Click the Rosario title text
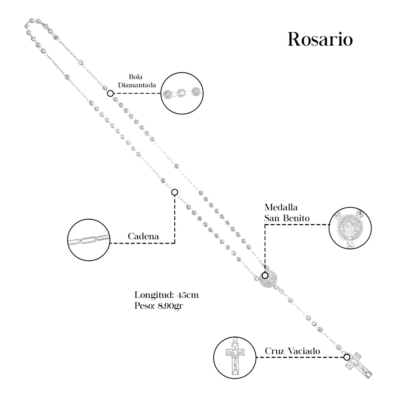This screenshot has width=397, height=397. (x=320, y=40)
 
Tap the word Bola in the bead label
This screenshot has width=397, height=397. (x=136, y=77)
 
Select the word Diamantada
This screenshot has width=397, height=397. (x=137, y=85)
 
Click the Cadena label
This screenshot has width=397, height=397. (x=143, y=236)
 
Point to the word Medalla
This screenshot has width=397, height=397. (x=281, y=207)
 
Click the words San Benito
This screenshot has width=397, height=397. (x=287, y=218)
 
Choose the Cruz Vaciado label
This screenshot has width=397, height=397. (x=292, y=351)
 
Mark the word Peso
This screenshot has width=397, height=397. (x=143, y=306)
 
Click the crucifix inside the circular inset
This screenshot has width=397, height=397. (x=235, y=357)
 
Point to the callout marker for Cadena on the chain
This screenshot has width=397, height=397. (x=175, y=192)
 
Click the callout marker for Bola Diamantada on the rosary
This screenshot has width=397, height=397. (x=110, y=93)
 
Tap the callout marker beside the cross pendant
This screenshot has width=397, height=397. (x=346, y=357)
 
